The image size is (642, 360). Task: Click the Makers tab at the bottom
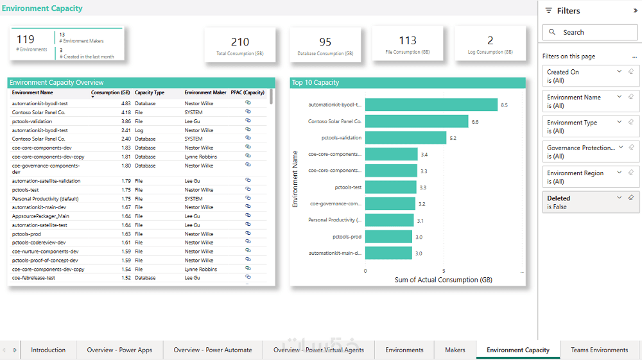pos(455,350)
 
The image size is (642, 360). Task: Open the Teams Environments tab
pos(599,350)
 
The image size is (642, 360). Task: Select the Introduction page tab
pos(48,350)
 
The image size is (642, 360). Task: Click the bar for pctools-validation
pos(405,137)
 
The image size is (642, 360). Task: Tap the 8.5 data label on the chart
pos(504,105)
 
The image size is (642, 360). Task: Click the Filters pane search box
pos(590,32)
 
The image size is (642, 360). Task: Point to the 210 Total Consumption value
pos(240,42)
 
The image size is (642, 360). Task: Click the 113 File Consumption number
pos(408,40)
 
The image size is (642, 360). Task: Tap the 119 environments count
pos(26,39)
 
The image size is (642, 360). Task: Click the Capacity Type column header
pos(150,92)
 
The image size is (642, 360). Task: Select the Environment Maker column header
pos(205,92)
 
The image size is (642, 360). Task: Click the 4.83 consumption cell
pos(126,103)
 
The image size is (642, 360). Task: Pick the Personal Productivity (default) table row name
pos(45,199)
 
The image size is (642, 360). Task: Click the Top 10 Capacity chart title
pos(315,83)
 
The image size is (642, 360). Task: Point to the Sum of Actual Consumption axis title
pos(443,280)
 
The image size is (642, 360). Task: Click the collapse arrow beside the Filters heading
pos(636,11)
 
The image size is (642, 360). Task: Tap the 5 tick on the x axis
pos(444,271)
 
